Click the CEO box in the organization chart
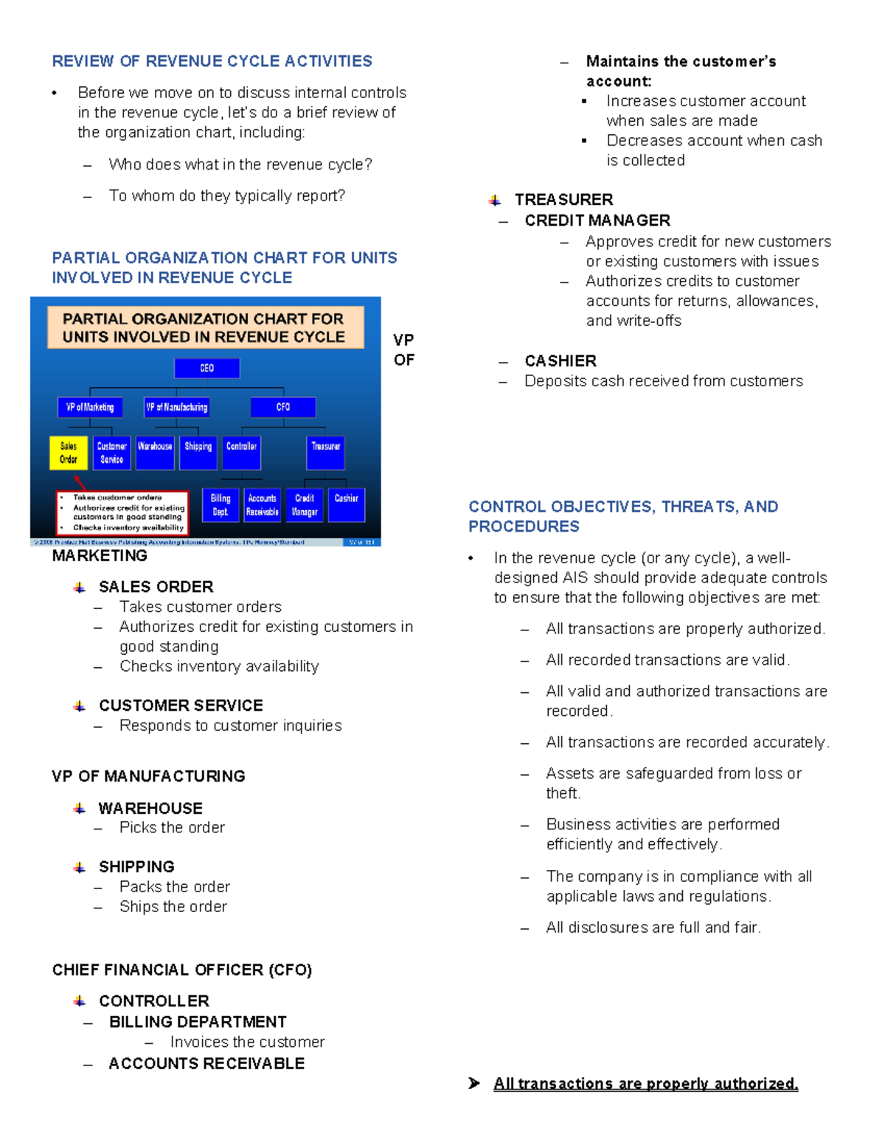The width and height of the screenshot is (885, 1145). [x=206, y=368]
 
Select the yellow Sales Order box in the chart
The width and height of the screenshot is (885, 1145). [x=69, y=453]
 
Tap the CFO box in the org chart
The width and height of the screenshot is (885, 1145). [x=283, y=407]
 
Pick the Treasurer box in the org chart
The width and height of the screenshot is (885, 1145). [x=325, y=453]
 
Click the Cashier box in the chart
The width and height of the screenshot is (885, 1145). [x=346, y=505]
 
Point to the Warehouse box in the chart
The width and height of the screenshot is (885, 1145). [x=155, y=453]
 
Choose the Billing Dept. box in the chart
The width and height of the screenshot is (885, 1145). [x=220, y=505]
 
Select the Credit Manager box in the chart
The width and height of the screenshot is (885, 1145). [x=305, y=505]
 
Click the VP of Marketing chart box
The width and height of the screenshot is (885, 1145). [x=90, y=407]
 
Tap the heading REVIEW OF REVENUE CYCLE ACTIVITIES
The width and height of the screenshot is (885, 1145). [x=212, y=61]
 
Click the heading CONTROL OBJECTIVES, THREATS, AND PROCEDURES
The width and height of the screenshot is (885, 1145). [x=623, y=516]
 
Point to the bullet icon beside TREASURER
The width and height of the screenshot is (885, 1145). [x=495, y=201]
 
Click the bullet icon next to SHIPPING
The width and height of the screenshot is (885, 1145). [x=80, y=868]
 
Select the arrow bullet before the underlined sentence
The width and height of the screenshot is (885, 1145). [x=474, y=1083]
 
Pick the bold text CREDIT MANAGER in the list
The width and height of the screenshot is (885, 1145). [x=597, y=220]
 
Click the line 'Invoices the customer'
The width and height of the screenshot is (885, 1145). [x=247, y=1042]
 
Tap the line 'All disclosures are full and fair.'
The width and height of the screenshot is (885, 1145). [x=653, y=928]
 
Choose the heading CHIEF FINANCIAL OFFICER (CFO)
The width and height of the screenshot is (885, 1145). [x=182, y=970]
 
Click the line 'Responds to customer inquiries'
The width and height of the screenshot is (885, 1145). [x=230, y=725]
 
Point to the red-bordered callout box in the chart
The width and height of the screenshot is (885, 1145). [x=122, y=512]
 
